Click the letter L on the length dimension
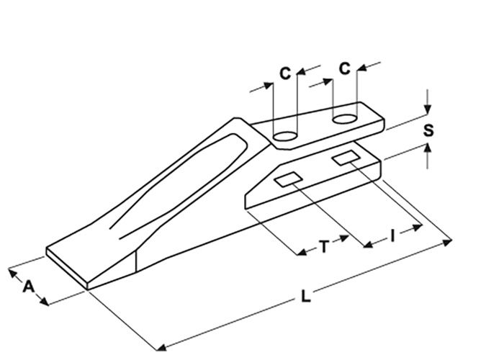[305, 297]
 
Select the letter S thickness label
[428, 131]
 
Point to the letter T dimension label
[325, 247]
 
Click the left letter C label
[285, 73]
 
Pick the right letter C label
[344, 68]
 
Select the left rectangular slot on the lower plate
[289, 180]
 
